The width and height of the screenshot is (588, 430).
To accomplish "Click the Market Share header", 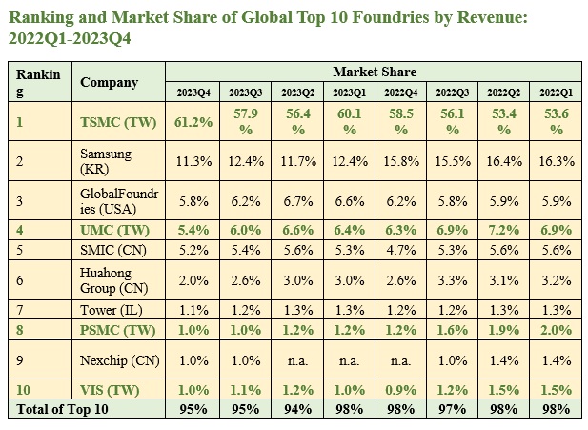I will point(374,72).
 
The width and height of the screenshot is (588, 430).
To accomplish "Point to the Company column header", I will point(109,82).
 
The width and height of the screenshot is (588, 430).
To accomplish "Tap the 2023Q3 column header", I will point(244,92).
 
